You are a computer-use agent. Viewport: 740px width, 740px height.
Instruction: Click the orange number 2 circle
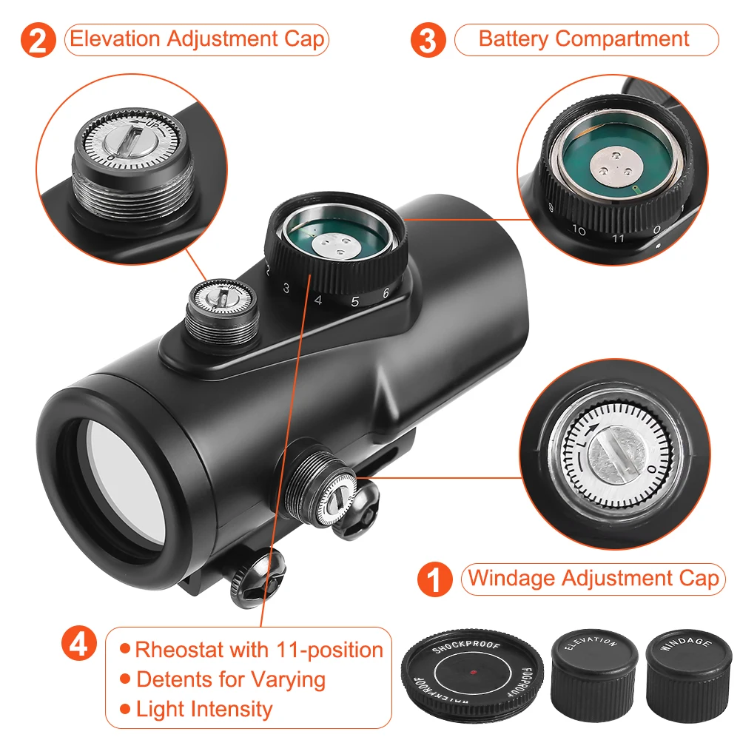coord(38,40)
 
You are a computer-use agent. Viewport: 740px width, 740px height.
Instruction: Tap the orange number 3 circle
coord(428,40)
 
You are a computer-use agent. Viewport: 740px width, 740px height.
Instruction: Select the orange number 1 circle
coord(434,579)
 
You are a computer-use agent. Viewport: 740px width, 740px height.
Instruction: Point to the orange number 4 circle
coord(79,643)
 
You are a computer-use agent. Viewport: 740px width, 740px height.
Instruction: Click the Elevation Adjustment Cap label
coord(197,40)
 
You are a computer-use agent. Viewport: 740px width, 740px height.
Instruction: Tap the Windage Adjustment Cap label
coord(593,579)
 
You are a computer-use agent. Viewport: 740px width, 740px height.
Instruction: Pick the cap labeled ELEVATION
coord(594,675)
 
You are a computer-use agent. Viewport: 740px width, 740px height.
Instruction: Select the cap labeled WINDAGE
coord(688,676)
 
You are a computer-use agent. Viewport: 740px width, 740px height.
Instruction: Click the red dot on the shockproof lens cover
coord(474,672)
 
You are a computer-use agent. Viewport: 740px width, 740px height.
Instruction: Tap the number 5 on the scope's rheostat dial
coord(355,302)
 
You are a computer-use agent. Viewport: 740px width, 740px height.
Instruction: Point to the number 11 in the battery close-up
coord(618,238)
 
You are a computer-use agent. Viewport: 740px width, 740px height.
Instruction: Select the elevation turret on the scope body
coord(222,315)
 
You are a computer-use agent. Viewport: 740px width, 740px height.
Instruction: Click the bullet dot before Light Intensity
coord(125,709)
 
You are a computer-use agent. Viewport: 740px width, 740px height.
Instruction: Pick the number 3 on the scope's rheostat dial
coord(286,288)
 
